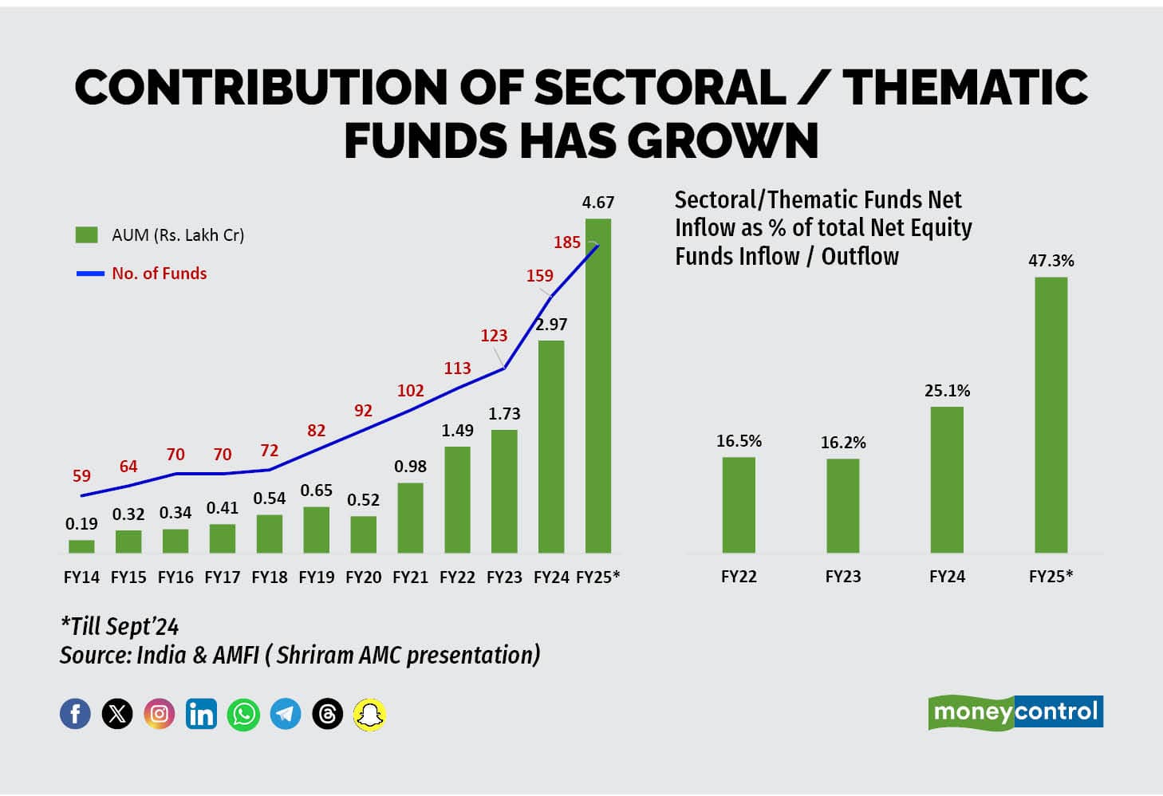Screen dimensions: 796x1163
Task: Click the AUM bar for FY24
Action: [x=551, y=447]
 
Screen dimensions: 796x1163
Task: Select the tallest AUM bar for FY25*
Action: [x=598, y=386]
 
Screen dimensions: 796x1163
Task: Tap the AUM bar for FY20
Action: [x=363, y=534]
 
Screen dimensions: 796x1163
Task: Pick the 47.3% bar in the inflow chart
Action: [x=1051, y=415]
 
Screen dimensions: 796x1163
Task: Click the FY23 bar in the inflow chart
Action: [x=842, y=506]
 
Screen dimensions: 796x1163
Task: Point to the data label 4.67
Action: [x=598, y=203]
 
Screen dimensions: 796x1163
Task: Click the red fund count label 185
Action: [x=567, y=242]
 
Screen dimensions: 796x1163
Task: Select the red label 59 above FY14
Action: [x=81, y=476]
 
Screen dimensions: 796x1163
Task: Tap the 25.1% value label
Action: [x=947, y=391]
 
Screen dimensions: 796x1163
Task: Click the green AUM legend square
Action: [x=86, y=234]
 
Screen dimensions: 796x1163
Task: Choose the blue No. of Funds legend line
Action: [x=90, y=274]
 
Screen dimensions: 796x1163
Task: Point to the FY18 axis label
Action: [x=270, y=577]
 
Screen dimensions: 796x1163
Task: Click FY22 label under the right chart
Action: [x=739, y=577]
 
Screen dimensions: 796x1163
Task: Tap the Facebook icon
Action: [x=75, y=714]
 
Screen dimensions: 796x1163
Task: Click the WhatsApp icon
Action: [x=243, y=714]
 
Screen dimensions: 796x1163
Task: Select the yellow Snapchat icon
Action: [x=369, y=714]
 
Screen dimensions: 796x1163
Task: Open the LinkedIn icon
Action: [x=201, y=714]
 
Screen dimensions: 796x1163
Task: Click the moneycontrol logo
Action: [x=1015, y=711]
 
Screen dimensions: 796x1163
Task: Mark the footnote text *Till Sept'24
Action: [x=120, y=626]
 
